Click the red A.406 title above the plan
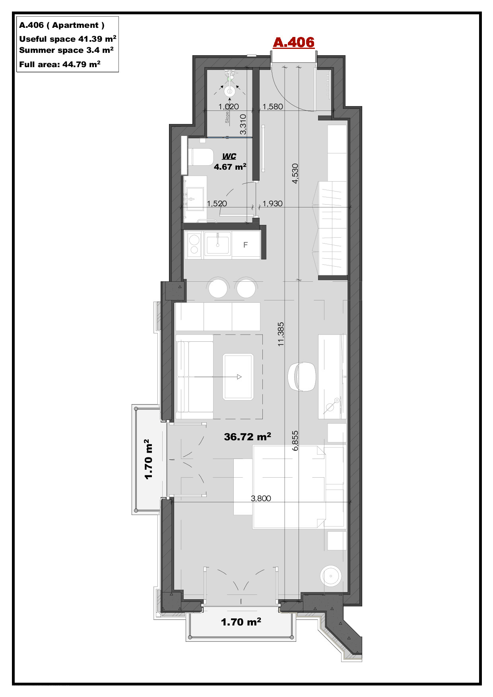click(x=293, y=42)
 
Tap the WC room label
click(x=229, y=156)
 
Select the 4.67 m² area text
click(x=230, y=167)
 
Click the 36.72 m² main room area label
click(x=247, y=437)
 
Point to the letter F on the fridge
click(x=245, y=245)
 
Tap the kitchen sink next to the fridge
click(x=218, y=245)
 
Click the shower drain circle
click(x=229, y=91)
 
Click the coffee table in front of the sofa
click(x=238, y=377)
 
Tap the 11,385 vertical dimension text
click(x=281, y=334)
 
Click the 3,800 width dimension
click(x=261, y=498)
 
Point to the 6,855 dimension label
click(x=295, y=441)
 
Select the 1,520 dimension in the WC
click(x=217, y=203)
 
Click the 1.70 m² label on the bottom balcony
click(x=241, y=622)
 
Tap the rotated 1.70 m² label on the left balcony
click(x=148, y=459)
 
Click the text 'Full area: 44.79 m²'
click(x=60, y=64)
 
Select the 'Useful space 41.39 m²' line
click(x=68, y=39)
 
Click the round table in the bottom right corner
click(x=331, y=575)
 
